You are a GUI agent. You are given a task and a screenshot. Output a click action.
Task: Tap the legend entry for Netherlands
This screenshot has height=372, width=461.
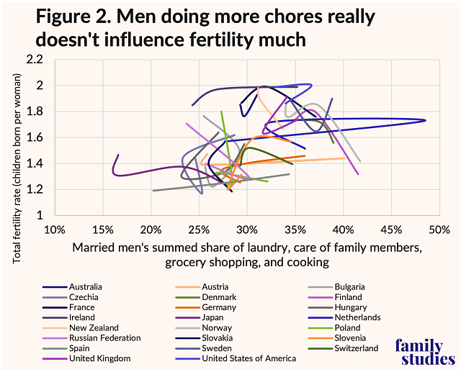tap(348, 317)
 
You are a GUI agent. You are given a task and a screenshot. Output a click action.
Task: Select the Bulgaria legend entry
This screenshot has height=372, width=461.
tap(341, 286)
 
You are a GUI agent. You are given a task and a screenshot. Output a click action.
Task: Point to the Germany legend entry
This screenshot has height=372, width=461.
tap(212, 307)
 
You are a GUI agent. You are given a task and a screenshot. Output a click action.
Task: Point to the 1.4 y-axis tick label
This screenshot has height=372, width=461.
tap(37, 164)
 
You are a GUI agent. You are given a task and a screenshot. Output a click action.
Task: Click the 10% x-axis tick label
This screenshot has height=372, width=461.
tap(55, 230)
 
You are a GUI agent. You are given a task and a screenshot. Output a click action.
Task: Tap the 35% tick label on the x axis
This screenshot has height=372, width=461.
tap(295, 230)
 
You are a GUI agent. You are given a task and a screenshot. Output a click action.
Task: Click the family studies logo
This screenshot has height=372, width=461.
tap(424, 353)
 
